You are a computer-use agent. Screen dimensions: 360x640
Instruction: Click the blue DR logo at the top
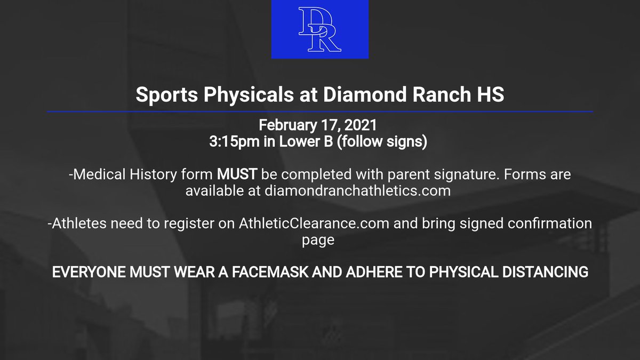click(319, 29)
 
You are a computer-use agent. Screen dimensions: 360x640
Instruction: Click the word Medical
click(98, 175)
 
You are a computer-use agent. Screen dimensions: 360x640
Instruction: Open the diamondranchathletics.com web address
click(357, 191)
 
